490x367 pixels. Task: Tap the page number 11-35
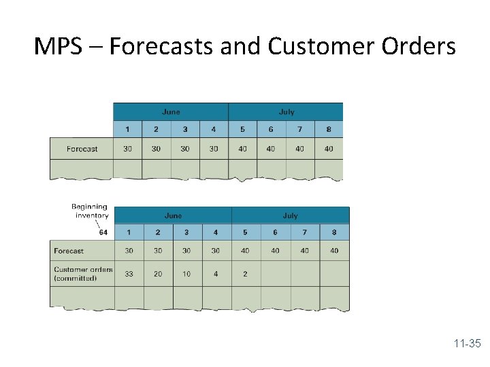(x=467, y=344)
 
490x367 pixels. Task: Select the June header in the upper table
(x=171, y=112)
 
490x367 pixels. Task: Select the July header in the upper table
(x=286, y=112)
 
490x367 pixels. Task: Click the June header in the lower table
(x=173, y=215)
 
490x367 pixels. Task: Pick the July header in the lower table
(x=290, y=215)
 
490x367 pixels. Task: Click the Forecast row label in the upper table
(x=82, y=149)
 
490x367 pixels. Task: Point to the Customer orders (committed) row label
(x=83, y=273)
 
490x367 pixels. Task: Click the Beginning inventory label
(x=90, y=211)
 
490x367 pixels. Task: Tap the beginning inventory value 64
(x=103, y=232)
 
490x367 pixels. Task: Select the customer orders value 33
(x=129, y=274)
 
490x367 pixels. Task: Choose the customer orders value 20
(x=158, y=274)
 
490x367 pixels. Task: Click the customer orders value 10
(x=186, y=274)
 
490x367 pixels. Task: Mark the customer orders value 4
(x=216, y=274)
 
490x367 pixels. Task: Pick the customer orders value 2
(x=245, y=274)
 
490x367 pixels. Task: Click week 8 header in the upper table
(x=329, y=129)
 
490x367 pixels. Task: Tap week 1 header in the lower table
(x=129, y=232)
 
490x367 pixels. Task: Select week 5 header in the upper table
(x=242, y=129)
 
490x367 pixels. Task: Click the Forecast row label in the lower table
(x=69, y=251)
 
